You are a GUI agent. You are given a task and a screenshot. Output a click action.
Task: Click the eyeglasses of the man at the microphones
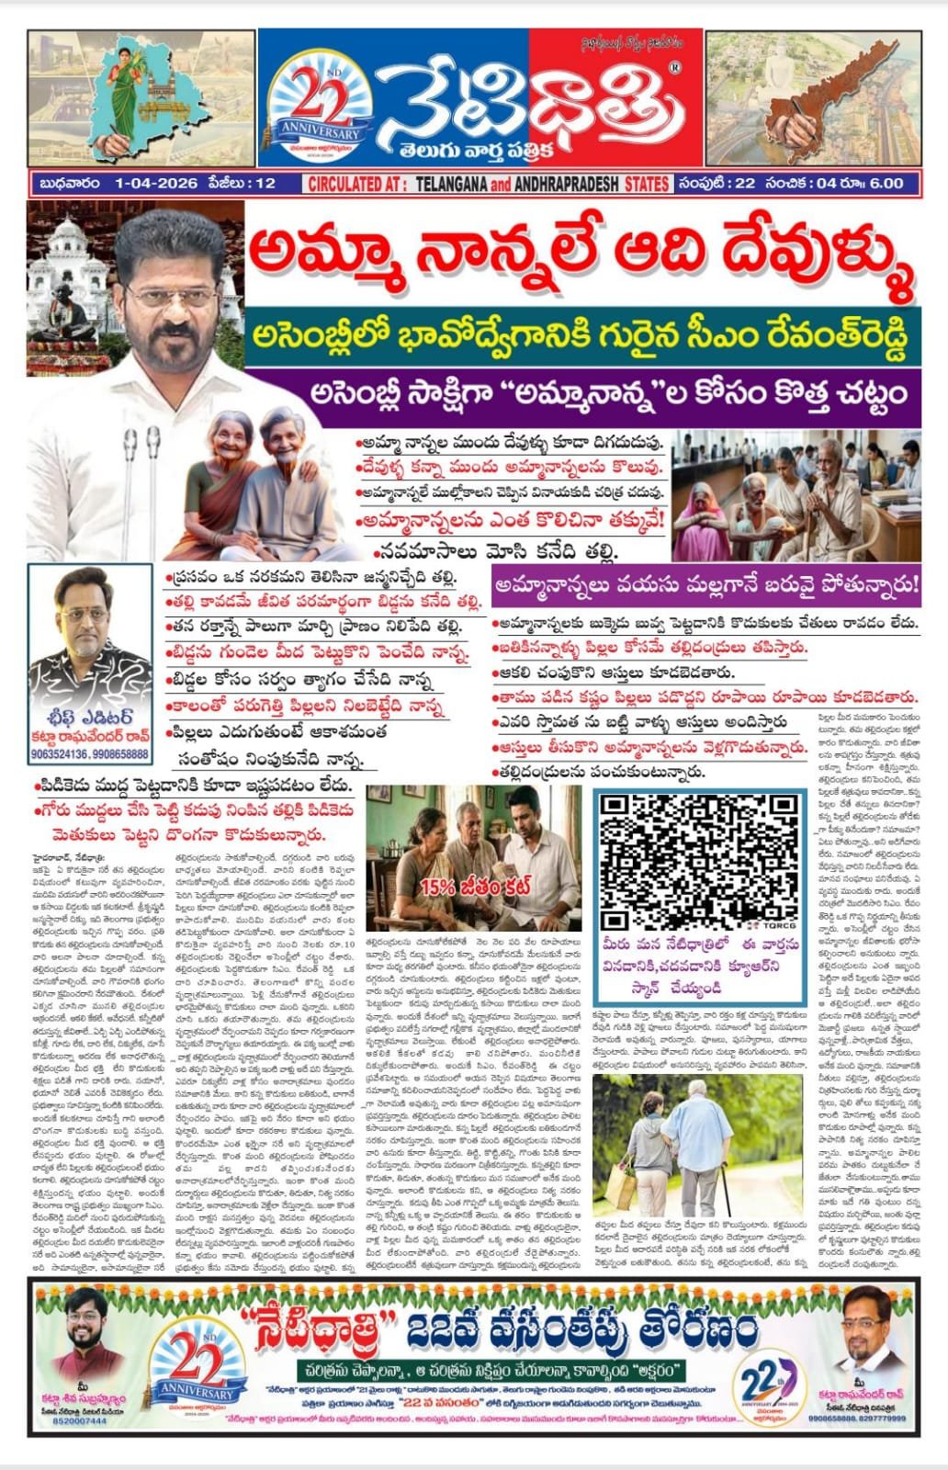169,295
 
